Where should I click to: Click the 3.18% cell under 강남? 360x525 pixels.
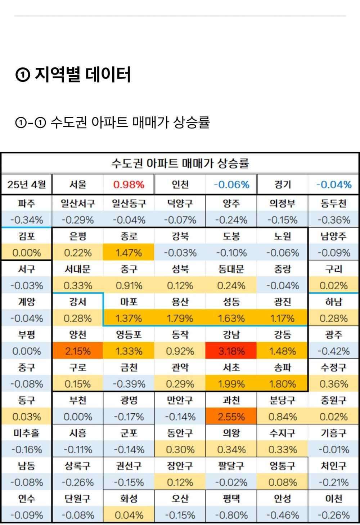pos(231,351)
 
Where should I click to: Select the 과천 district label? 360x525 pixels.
pos(231,400)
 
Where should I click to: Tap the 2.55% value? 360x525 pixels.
pos(231,417)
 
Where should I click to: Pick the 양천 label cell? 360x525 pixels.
pos(78,335)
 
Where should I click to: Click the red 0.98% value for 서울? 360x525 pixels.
pos(129,184)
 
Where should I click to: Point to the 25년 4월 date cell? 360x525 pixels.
pos(27,184)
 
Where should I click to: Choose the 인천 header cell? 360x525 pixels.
pos(180,184)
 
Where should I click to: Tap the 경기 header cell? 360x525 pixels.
pos(283,184)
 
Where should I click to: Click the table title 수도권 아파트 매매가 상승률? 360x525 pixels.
pos(180,163)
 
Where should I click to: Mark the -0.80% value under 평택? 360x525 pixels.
pos(231,515)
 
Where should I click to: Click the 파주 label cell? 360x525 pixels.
pos(27,203)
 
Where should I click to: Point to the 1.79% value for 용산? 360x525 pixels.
pos(180,318)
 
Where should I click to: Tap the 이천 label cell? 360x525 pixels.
pos(334,499)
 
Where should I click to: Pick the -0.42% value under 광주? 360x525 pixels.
pos(334,351)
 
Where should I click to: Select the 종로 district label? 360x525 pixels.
pos(129,236)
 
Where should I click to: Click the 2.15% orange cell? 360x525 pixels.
pos(78,351)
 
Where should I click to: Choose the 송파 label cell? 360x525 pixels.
pos(283,368)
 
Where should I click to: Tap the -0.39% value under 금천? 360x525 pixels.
pos(129,384)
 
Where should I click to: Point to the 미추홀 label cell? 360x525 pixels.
pos(27,433)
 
